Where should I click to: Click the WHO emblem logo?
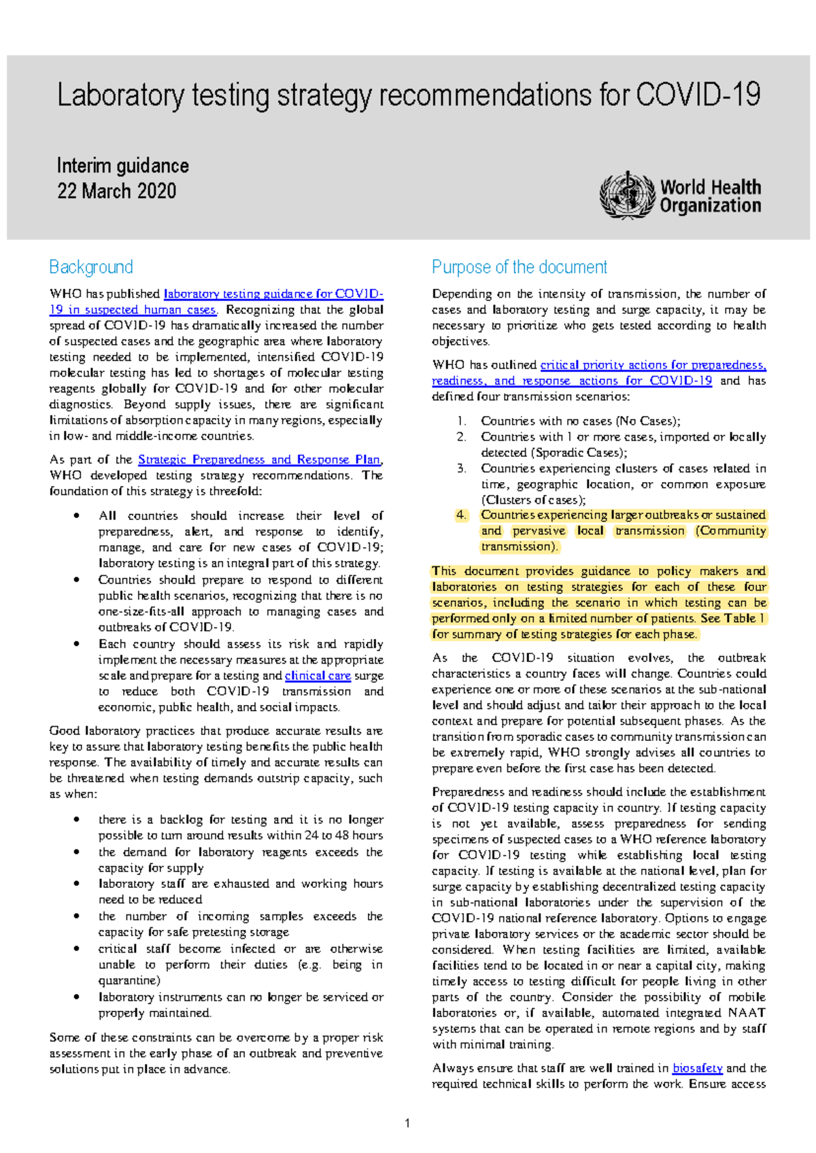[626, 196]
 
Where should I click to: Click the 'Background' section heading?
[91, 267]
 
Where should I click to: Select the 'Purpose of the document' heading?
[520, 267]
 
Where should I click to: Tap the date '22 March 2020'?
[117, 191]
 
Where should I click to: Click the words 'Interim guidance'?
[123, 166]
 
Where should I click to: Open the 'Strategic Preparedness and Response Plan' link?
[259, 460]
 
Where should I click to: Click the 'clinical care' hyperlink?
[318, 676]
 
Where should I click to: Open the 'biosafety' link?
[697, 1068]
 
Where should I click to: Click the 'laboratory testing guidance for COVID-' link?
[273, 294]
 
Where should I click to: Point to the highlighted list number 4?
[461, 515]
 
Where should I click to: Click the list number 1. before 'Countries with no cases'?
[461, 421]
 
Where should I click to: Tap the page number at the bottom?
[407, 1123]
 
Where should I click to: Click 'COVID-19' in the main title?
[698, 95]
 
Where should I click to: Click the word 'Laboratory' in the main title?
[120, 95]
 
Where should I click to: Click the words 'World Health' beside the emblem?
[711, 187]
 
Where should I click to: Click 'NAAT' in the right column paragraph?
[747, 1013]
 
